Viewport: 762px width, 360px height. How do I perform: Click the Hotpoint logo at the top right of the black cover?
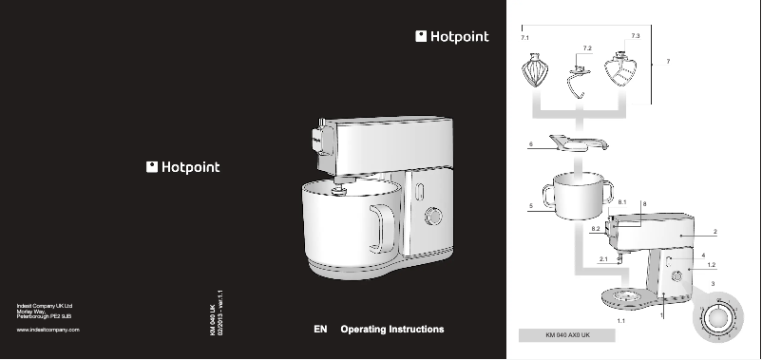tap(452, 37)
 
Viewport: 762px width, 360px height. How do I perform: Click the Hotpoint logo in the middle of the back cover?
tap(183, 167)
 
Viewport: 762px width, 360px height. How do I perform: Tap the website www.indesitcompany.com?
tap(48, 329)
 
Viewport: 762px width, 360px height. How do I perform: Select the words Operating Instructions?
tap(392, 330)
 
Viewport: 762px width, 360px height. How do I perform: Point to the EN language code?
tap(320, 330)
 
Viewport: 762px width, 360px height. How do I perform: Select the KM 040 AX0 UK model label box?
tap(568, 336)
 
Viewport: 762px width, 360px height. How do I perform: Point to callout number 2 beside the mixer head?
tap(714, 233)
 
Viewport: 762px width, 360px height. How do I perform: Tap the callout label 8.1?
tap(621, 204)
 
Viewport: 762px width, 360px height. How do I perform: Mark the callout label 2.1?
tap(603, 258)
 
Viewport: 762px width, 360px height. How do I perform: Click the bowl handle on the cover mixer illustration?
tap(382, 228)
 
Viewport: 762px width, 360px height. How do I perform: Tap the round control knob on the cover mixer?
tap(433, 218)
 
